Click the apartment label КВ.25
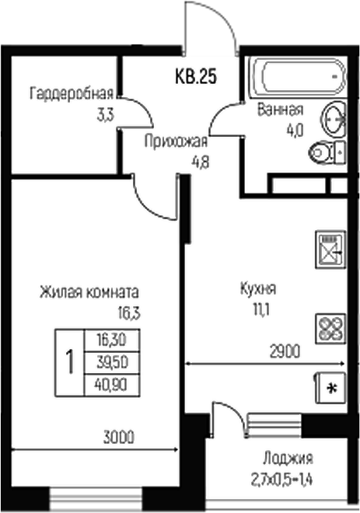[194, 76]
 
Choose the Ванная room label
[279, 110]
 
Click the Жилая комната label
[89, 294]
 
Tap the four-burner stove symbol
[330, 327]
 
